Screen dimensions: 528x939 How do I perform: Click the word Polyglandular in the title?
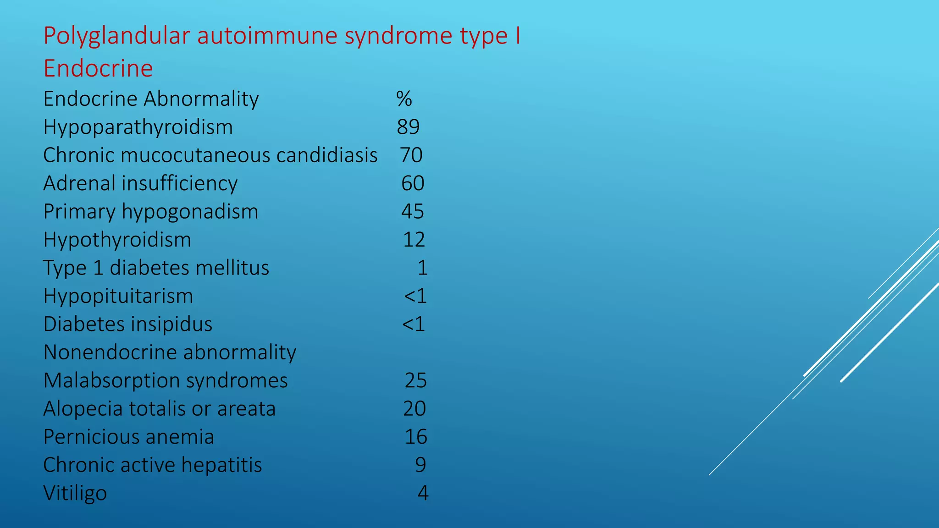[x=116, y=36]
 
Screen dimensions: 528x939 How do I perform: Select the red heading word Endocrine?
[x=98, y=69]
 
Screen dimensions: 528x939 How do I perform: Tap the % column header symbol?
[x=404, y=99]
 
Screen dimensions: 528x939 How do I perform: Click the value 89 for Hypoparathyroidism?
[x=408, y=127]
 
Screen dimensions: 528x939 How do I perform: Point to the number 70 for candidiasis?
[x=411, y=155]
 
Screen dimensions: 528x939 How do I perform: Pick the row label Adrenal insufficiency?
[x=140, y=183]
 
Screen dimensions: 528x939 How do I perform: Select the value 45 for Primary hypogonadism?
[x=413, y=212]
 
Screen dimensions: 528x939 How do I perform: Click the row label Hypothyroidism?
[x=117, y=240]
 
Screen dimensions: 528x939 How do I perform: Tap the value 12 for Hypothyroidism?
[x=414, y=240]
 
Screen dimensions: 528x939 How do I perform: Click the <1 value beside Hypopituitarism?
[x=415, y=296]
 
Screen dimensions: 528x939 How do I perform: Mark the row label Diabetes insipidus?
[x=128, y=324]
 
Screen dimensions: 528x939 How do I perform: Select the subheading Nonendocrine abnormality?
[x=170, y=352]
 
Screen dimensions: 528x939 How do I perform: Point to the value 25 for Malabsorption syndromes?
[x=415, y=380]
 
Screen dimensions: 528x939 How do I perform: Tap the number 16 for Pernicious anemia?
[x=416, y=437]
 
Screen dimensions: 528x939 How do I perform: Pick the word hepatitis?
[x=221, y=465]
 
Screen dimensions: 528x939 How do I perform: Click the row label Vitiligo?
[x=75, y=493]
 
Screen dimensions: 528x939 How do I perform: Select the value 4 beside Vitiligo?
[x=423, y=493]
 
